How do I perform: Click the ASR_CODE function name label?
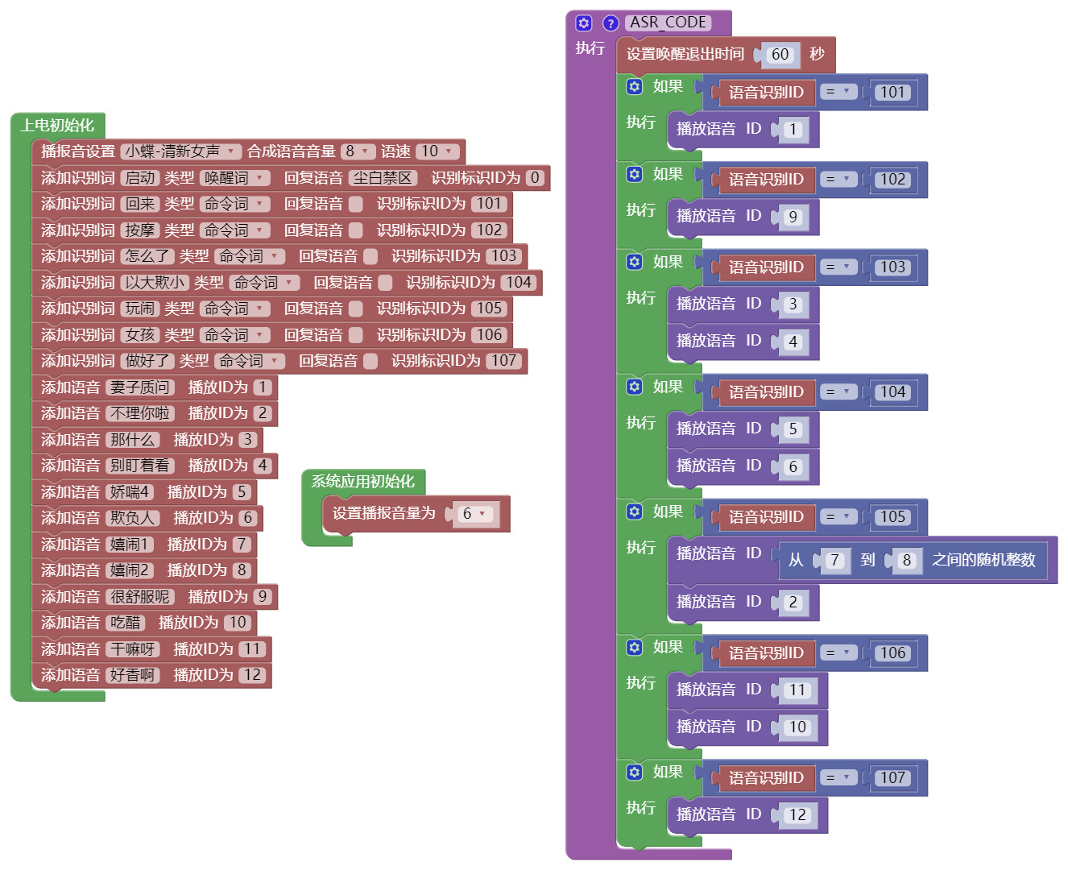point(668,23)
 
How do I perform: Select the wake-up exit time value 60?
point(780,55)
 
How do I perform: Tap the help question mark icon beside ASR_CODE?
point(611,23)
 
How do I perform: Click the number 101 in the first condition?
point(892,93)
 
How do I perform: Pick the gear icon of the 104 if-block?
point(635,387)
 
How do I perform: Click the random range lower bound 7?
point(834,561)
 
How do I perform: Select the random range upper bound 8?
point(907,561)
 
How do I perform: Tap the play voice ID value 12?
point(797,815)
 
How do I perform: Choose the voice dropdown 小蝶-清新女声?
point(181,151)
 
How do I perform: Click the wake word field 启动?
point(140,178)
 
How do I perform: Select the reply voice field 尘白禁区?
point(383,178)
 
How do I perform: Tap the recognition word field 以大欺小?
point(155,283)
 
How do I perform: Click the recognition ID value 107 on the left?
point(504,361)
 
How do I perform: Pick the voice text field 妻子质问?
point(140,387)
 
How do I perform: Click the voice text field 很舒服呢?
point(140,597)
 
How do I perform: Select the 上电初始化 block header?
point(57,126)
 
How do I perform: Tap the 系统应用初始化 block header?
point(362,482)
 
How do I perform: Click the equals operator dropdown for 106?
point(838,653)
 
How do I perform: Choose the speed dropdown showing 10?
point(438,151)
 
